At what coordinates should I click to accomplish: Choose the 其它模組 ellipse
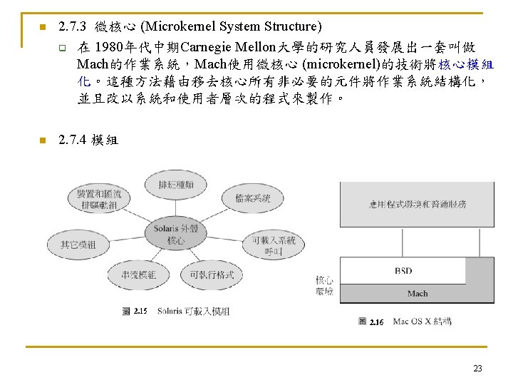pyautogui.click(x=76, y=245)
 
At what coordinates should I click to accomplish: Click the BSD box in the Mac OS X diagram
pyautogui.click(x=403, y=271)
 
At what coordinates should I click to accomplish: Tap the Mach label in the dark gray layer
pyautogui.click(x=418, y=293)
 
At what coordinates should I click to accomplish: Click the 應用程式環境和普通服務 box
pyautogui.click(x=418, y=205)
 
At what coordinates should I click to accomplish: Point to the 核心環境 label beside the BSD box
pyautogui.click(x=324, y=286)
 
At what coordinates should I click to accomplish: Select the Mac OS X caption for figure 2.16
pyautogui.click(x=422, y=322)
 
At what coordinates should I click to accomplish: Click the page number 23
pyautogui.click(x=477, y=369)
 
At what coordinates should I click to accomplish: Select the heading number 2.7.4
pyautogui.click(x=73, y=140)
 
